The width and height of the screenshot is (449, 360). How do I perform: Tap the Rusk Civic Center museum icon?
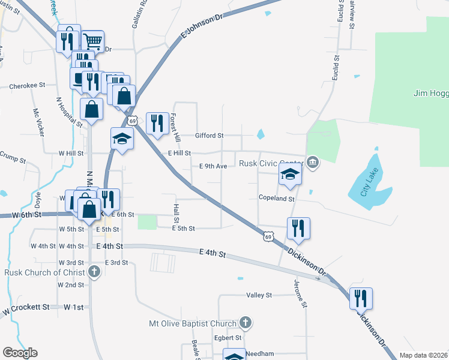[313, 162]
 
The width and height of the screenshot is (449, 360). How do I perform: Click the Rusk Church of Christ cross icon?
[94, 272]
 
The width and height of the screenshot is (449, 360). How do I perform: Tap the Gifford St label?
[209, 136]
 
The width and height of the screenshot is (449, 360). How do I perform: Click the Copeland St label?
[276, 198]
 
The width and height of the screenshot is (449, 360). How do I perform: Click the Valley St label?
[259, 295]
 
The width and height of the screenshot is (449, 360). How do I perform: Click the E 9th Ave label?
[212, 166]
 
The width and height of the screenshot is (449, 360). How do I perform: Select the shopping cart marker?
[92, 41]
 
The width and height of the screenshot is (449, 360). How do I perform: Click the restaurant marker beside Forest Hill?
[157, 123]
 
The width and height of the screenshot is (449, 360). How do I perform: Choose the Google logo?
[20, 353]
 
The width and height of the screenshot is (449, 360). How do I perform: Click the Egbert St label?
[229, 338]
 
